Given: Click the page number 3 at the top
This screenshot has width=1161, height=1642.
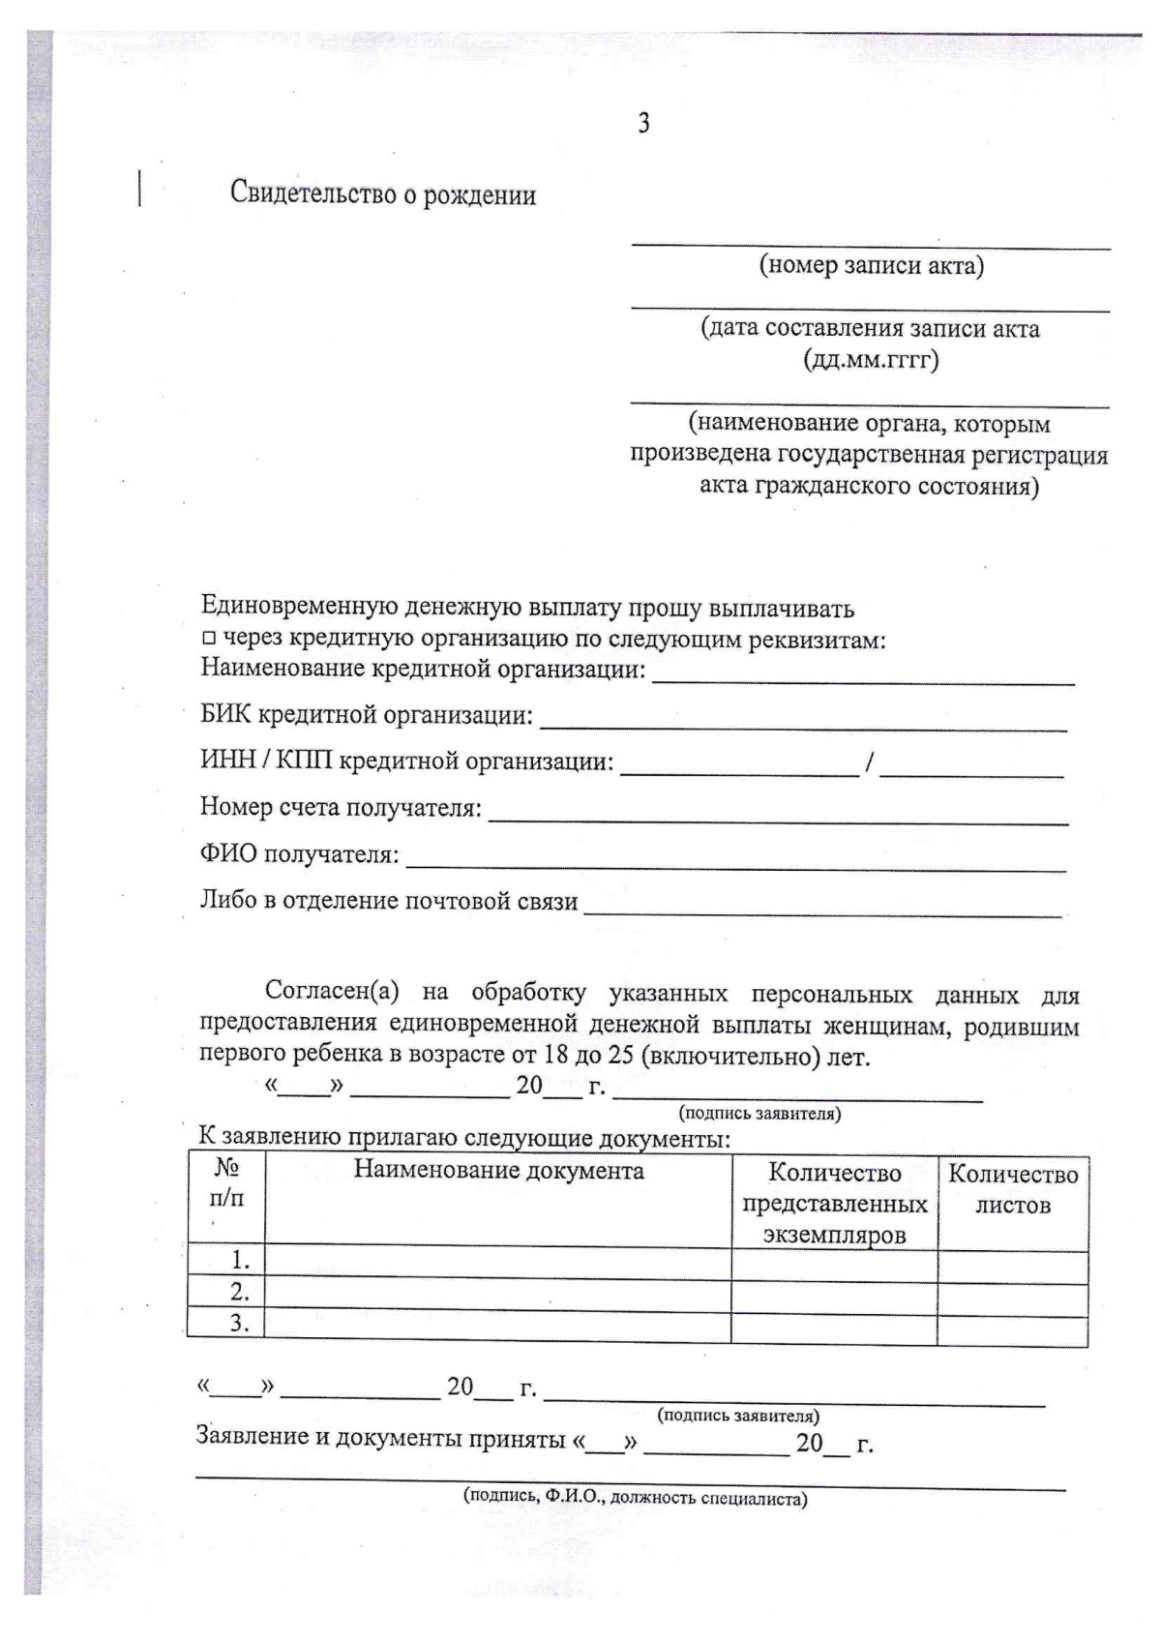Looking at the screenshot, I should [643, 123].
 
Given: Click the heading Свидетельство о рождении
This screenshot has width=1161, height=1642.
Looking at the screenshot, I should [382, 194].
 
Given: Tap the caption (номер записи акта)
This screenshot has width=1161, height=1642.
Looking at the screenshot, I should [871, 265].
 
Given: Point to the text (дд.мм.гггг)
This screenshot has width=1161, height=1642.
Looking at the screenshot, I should [871, 360].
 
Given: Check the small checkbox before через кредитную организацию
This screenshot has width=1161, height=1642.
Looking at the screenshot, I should [207, 640].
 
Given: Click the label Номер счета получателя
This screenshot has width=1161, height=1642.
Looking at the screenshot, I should [341, 807].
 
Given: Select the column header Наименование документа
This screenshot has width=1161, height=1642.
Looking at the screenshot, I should [498, 1171].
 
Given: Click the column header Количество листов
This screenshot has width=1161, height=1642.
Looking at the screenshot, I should [1012, 1189].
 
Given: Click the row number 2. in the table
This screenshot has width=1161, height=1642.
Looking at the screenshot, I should [239, 1291].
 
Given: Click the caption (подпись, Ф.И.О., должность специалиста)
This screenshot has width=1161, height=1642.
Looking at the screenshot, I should [636, 1498].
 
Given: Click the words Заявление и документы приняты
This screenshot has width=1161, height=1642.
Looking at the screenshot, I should [380, 1438].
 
